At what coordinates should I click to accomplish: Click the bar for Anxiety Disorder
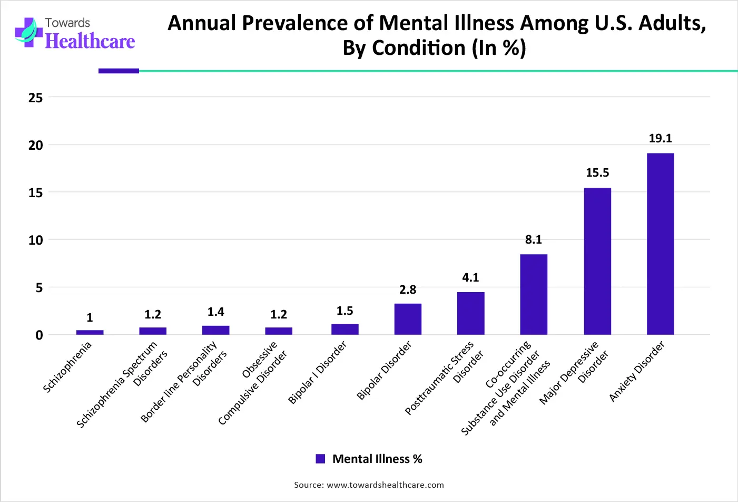click(x=660, y=244)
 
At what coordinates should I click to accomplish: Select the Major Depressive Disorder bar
click(x=597, y=261)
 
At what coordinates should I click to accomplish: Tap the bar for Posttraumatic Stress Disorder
click(x=470, y=313)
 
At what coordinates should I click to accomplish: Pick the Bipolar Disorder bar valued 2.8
click(x=408, y=319)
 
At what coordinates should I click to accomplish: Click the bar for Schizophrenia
click(x=90, y=332)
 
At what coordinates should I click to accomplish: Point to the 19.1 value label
click(x=660, y=138)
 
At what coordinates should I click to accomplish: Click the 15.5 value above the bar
click(x=597, y=173)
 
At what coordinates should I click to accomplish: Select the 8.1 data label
click(x=533, y=239)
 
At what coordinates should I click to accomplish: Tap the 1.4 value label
click(x=215, y=312)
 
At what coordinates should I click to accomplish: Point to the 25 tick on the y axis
click(x=35, y=98)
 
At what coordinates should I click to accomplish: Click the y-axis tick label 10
click(x=35, y=240)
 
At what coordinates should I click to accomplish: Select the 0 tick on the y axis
click(x=39, y=335)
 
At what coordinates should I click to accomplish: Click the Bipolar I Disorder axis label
click(x=317, y=372)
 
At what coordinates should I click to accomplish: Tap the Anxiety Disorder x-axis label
click(x=637, y=371)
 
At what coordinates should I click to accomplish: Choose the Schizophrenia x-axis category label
click(x=67, y=367)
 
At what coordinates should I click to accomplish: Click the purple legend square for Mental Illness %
click(x=320, y=459)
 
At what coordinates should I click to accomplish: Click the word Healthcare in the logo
click(x=90, y=41)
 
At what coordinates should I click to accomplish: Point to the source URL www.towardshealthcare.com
click(x=385, y=485)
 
